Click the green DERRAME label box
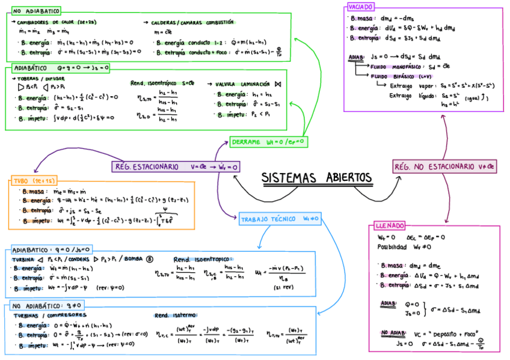click(x=268, y=142)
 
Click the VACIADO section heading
click(x=360, y=7)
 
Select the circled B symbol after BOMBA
click(x=150, y=258)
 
